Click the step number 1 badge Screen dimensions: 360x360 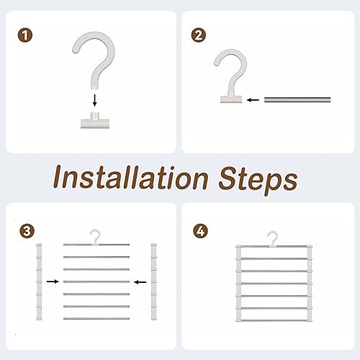click(25, 35)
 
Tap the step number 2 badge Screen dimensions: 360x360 click(199, 35)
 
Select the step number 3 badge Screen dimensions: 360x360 click(27, 231)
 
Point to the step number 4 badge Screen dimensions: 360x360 click(201, 231)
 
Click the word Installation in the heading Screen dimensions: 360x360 click(130, 178)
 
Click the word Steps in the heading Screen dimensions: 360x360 click(258, 180)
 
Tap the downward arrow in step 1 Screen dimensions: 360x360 click(95, 101)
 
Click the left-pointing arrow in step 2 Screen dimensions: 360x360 click(253, 100)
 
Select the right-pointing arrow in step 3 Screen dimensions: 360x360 click(53, 282)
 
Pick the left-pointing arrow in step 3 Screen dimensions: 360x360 click(140, 282)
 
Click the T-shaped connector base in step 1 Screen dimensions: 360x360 click(95, 120)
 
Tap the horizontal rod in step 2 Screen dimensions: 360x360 click(297, 99)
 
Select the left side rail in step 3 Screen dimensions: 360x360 click(39, 282)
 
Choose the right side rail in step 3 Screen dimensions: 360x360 click(154, 282)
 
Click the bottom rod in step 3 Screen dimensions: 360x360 click(96, 319)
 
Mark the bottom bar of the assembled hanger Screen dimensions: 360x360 click(274, 320)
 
